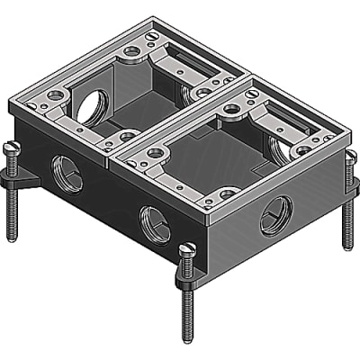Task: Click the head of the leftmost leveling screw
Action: coord(12,146)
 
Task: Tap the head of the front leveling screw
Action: coord(187,249)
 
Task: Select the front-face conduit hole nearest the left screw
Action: coord(68,175)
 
